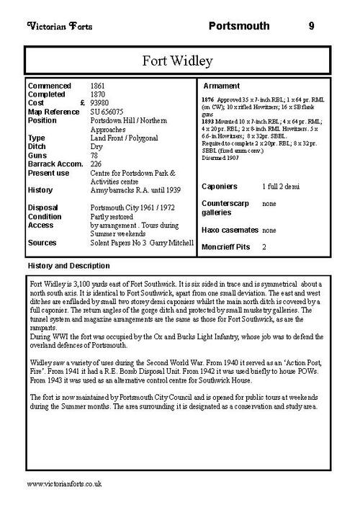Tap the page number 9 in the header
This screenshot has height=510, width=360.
coord(311,27)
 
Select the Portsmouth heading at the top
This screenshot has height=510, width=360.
coord(238,27)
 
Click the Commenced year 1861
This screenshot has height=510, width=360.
coord(98,86)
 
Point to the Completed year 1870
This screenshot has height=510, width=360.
coord(98,94)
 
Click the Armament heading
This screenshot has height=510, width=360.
coord(228,86)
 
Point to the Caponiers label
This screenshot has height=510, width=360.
coord(222,187)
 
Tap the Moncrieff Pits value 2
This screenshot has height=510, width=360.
coord(264,247)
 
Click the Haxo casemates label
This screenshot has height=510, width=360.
coord(230,230)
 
